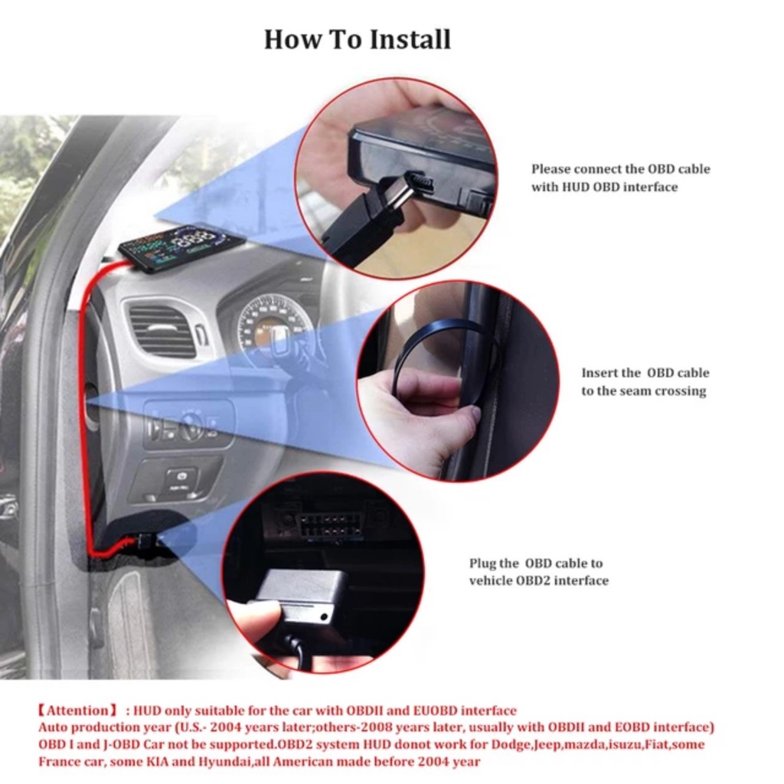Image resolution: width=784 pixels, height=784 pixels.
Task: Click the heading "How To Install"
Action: click(x=358, y=39)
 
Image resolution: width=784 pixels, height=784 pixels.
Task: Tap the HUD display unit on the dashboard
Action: click(x=181, y=247)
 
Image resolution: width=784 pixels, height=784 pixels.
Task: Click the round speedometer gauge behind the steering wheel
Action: click(x=272, y=325)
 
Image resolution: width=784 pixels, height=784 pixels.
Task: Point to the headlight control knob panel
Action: click(x=188, y=426)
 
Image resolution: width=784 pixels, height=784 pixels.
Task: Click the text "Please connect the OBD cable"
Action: click(x=620, y=169)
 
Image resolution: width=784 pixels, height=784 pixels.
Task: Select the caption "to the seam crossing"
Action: click(x=643, y=391)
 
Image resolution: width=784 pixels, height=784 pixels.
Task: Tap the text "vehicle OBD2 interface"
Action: click(x=538, y=580)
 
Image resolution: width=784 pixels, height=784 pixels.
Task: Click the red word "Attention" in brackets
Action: click(x=79, y=710)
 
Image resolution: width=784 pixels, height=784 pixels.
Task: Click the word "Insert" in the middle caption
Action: click(x=599, y=373)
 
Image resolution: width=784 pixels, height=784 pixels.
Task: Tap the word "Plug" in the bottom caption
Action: click(x=483, y=563)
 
